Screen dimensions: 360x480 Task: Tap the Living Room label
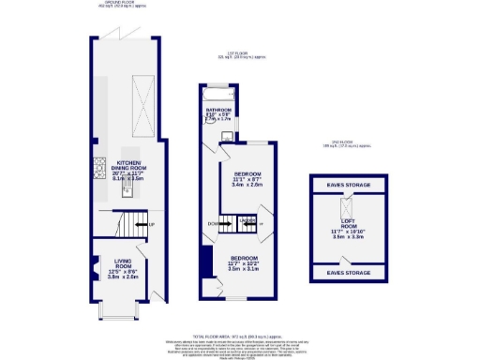tap(120, 268)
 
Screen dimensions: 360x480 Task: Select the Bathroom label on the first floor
tap(217, 114)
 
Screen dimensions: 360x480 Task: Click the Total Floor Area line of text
tap(239, 335)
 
